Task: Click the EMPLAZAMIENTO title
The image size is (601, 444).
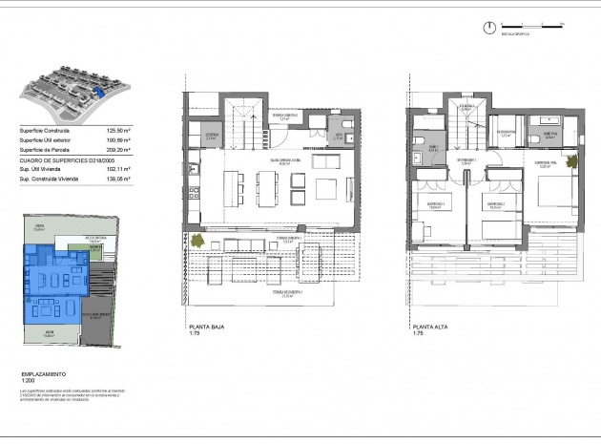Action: click(44, 373)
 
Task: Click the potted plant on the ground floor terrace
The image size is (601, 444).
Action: click(195, 241)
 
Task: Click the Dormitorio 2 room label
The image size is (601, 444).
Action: click(495, 204)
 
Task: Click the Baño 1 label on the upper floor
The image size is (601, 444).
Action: click(432, 148)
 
